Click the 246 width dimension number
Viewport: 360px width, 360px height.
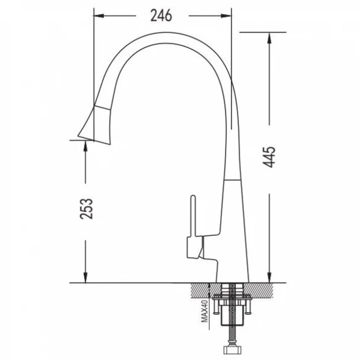click(161, 16)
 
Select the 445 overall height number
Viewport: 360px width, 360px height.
click(269, 157)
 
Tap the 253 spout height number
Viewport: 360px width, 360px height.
click(87, 208)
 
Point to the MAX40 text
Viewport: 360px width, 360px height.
click(204, 311)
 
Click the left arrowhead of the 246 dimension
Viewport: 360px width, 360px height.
click(99, 16)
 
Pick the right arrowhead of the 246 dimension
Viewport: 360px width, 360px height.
click(226, 16)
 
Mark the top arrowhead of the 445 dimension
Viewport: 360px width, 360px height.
click(270, 38)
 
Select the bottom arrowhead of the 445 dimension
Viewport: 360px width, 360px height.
click(270, 277)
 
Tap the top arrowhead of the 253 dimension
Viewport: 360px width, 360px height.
click(86, 145)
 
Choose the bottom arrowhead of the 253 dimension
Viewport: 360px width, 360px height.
click(86, 277)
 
